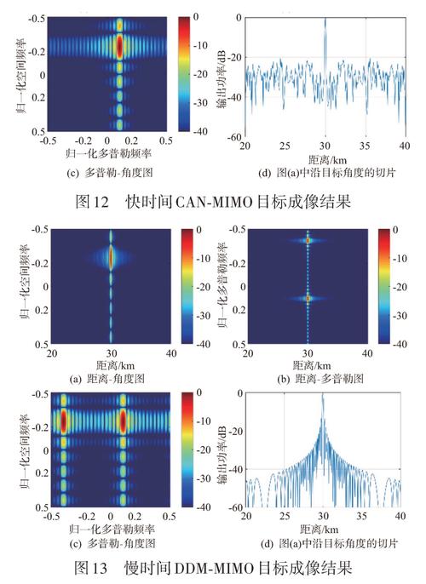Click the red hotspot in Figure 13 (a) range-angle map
111,255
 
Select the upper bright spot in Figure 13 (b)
308,241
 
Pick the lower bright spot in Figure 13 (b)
308,299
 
